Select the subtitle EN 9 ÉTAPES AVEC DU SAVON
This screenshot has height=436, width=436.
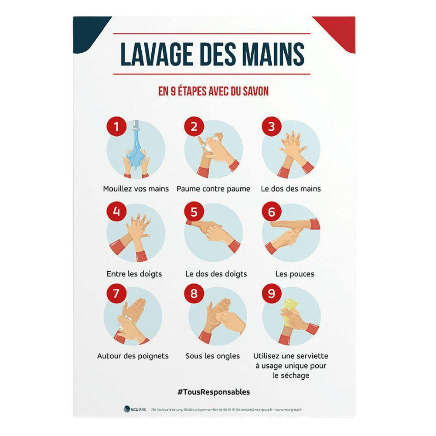click(213, 92)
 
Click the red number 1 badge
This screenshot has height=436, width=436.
click(116, 127)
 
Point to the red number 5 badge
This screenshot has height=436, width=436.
click(194, 212)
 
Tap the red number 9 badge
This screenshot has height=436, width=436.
click(271, 294)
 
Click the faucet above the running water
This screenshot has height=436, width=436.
click(136, 126)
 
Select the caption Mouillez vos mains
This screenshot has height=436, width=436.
click(136, 189)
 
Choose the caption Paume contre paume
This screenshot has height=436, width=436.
click(213, 189)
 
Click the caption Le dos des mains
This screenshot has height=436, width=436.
click(291, 189)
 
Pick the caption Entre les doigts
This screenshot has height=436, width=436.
click(134, 274)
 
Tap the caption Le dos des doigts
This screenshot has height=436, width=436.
click(216, 274)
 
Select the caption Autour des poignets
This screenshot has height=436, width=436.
click(133, 356)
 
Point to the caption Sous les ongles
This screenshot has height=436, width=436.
click(212, 356)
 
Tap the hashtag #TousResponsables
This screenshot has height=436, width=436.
click(214, 392)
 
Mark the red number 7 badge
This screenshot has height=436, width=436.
click(116, 294)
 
